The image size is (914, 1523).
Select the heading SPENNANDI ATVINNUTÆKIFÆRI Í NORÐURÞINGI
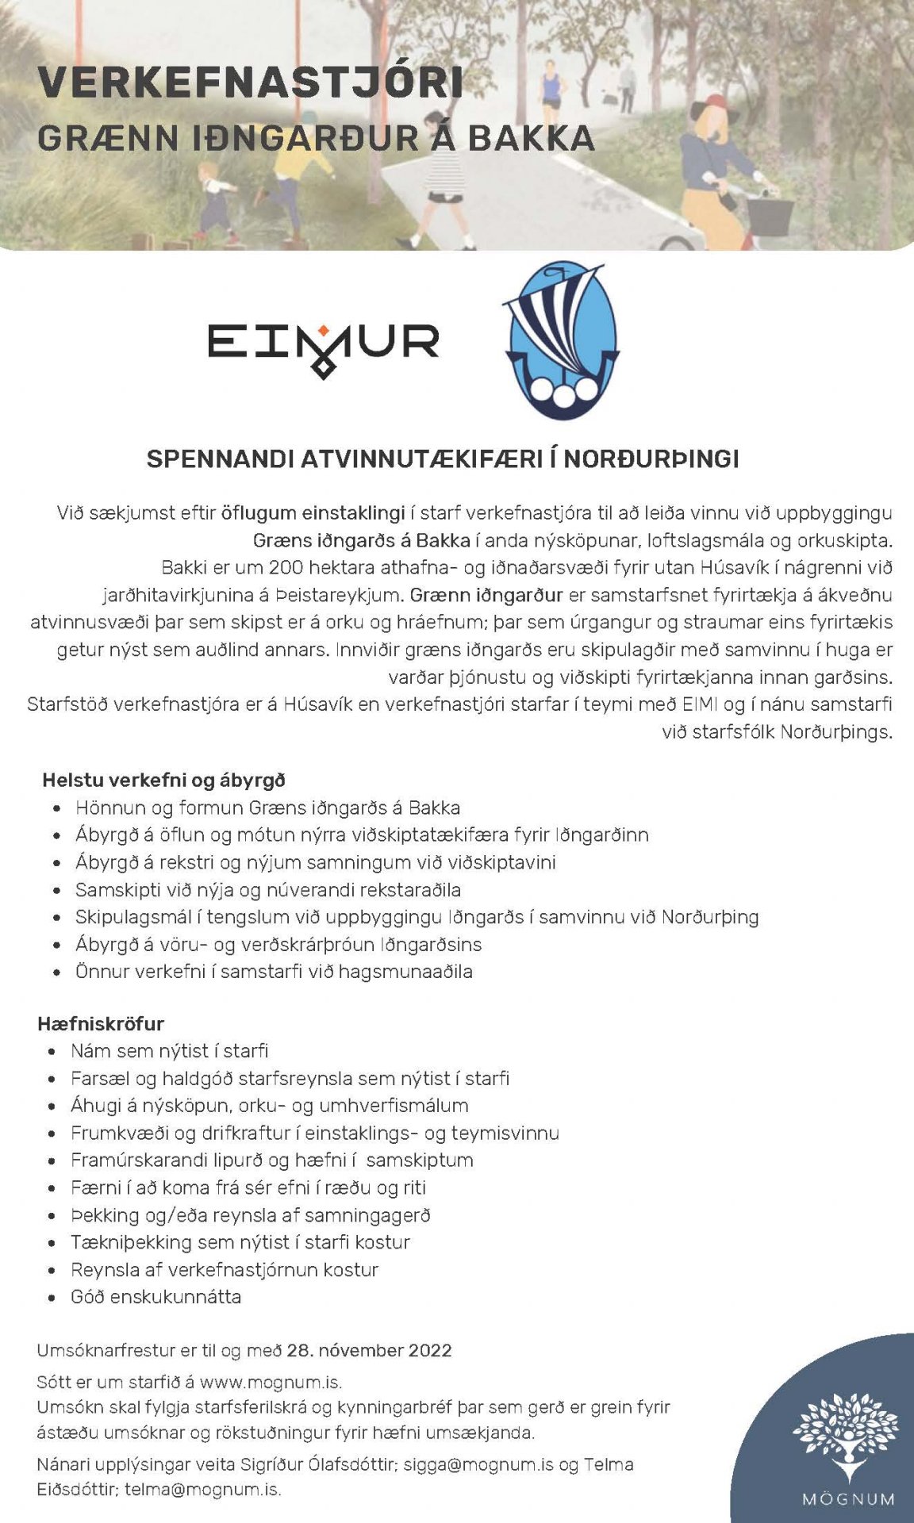click(443, 458)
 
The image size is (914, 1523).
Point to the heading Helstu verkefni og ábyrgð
click(163, 780)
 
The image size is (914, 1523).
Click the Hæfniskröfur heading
click(101, 1023)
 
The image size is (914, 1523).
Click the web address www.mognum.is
click(271, 1382)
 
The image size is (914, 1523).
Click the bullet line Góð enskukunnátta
click(156, 1296)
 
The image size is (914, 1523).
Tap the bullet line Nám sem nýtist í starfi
click(169, 1050)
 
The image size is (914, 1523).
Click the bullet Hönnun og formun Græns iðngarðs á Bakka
click(267, 808)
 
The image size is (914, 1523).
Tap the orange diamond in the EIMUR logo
click(324, 331)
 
